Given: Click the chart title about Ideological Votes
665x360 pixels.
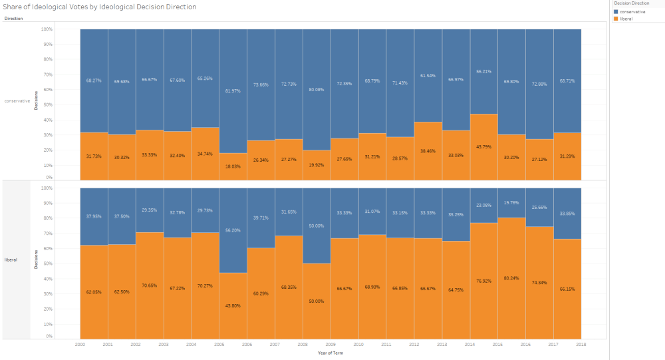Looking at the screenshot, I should tap(100, 7).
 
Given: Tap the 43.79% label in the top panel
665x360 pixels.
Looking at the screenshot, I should tap(483, 146).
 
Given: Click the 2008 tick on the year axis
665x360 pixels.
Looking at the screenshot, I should tap(303, 345).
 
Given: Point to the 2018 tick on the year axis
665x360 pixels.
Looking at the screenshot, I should tap(580, 345).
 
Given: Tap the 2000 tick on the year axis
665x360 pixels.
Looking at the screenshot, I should tap(80, 345).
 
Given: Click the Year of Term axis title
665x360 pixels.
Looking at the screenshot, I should tap(331, 353).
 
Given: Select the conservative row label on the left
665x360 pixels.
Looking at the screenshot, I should tap(17, 101).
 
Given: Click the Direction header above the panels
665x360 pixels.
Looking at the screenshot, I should tap(13, 19).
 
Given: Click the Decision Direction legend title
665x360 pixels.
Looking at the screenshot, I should tap(631, 3).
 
